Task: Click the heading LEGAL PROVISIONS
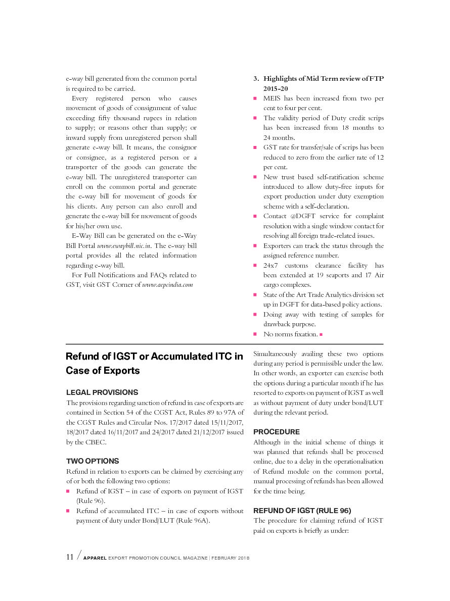102,392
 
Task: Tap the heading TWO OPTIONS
93,461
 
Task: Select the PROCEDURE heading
276,432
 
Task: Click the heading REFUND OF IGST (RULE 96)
302,511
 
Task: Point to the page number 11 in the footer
70,557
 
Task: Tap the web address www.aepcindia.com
167,285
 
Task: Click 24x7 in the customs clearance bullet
271,266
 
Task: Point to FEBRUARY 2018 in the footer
231,558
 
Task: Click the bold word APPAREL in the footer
95,558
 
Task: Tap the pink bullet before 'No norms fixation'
255,334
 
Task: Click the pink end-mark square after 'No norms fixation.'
321,334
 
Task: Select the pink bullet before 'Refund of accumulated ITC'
68,511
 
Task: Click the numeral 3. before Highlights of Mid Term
256,78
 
